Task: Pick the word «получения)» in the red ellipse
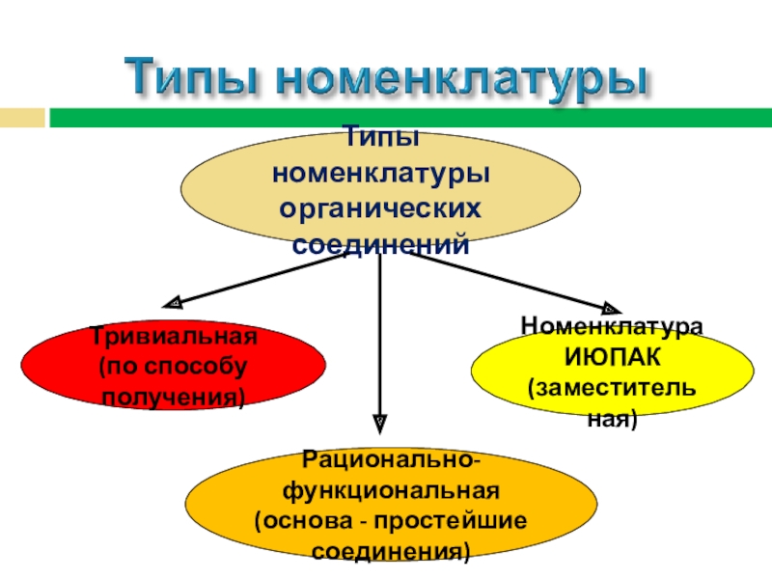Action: point(174,398)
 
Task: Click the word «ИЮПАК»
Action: point(612,358)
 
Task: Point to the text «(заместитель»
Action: point(612,389)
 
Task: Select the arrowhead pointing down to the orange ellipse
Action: point(380,422)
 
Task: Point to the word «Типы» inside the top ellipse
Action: point(380,142)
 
